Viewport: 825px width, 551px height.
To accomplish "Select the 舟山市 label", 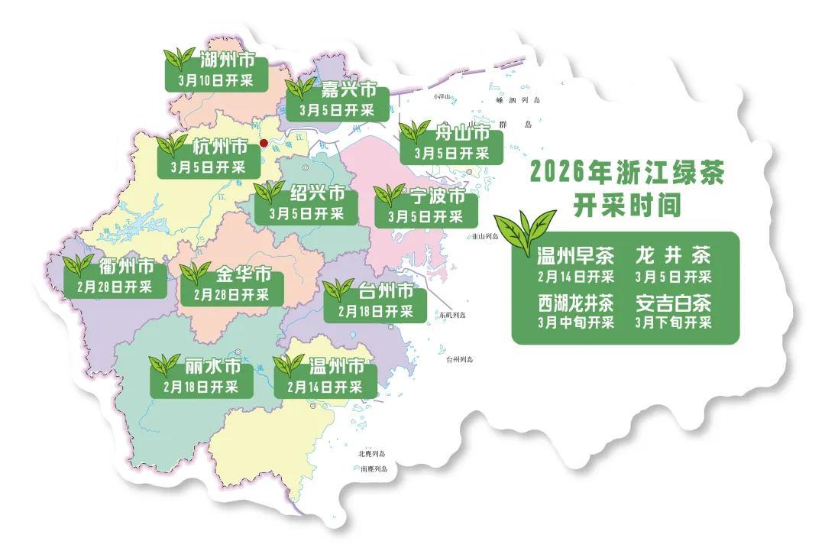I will (461, 132).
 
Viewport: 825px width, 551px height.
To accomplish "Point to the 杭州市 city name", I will (220, 146).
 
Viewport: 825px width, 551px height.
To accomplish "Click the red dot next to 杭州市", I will (264, 143).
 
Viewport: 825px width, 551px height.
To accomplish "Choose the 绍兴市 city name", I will (317, 193).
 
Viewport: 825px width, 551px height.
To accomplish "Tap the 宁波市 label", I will (436, 196).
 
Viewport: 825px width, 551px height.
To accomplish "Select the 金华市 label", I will (243, 274).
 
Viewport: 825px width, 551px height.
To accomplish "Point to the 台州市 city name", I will (386, 291).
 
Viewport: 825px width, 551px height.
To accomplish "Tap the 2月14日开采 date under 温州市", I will (325, 387).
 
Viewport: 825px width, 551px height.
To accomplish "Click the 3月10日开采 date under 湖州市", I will (215, 80).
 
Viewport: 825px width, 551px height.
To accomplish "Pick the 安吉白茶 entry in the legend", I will (673, 303).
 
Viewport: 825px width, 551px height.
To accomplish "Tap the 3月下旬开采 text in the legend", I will (673, 322).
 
